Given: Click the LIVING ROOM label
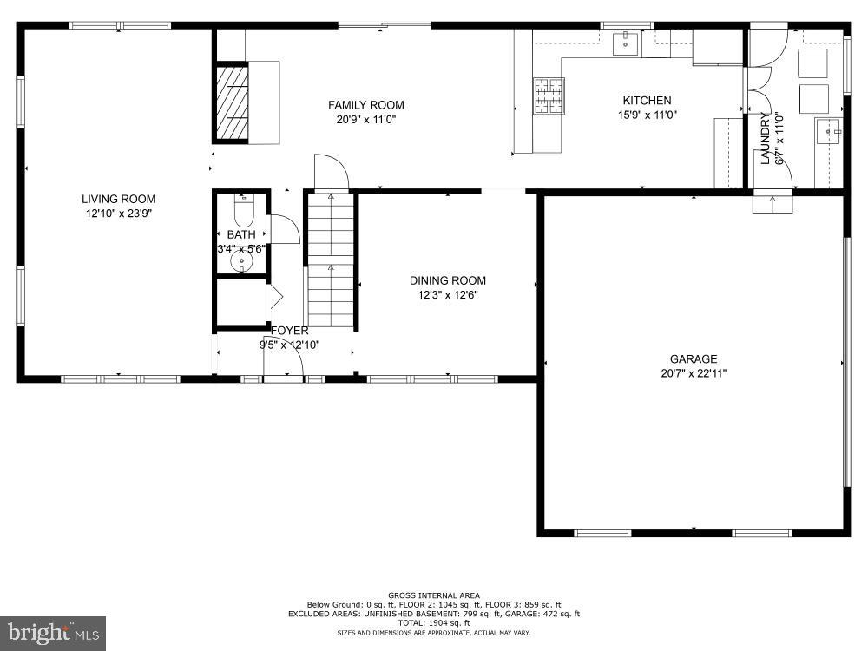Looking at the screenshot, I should tap(119, 199).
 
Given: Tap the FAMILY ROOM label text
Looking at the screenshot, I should tap(365, 105).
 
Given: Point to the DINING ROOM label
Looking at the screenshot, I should tap(447, 280).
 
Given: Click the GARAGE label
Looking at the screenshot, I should tap(693, 359).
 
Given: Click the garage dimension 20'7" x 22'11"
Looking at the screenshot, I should tap(693, 373).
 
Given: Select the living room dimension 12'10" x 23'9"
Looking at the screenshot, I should tap(119, 213).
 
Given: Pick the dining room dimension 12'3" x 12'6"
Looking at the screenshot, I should tap(447, 294).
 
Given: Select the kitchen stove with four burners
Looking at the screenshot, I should tap(548, 96).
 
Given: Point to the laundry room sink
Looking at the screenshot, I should tap(829, 132).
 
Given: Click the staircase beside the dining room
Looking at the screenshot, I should tap(331, 260).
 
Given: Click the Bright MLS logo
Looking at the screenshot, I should tap(52, 633).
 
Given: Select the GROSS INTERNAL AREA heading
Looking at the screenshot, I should tap(434, 595).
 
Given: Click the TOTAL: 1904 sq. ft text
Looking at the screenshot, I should tap(434, 622).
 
